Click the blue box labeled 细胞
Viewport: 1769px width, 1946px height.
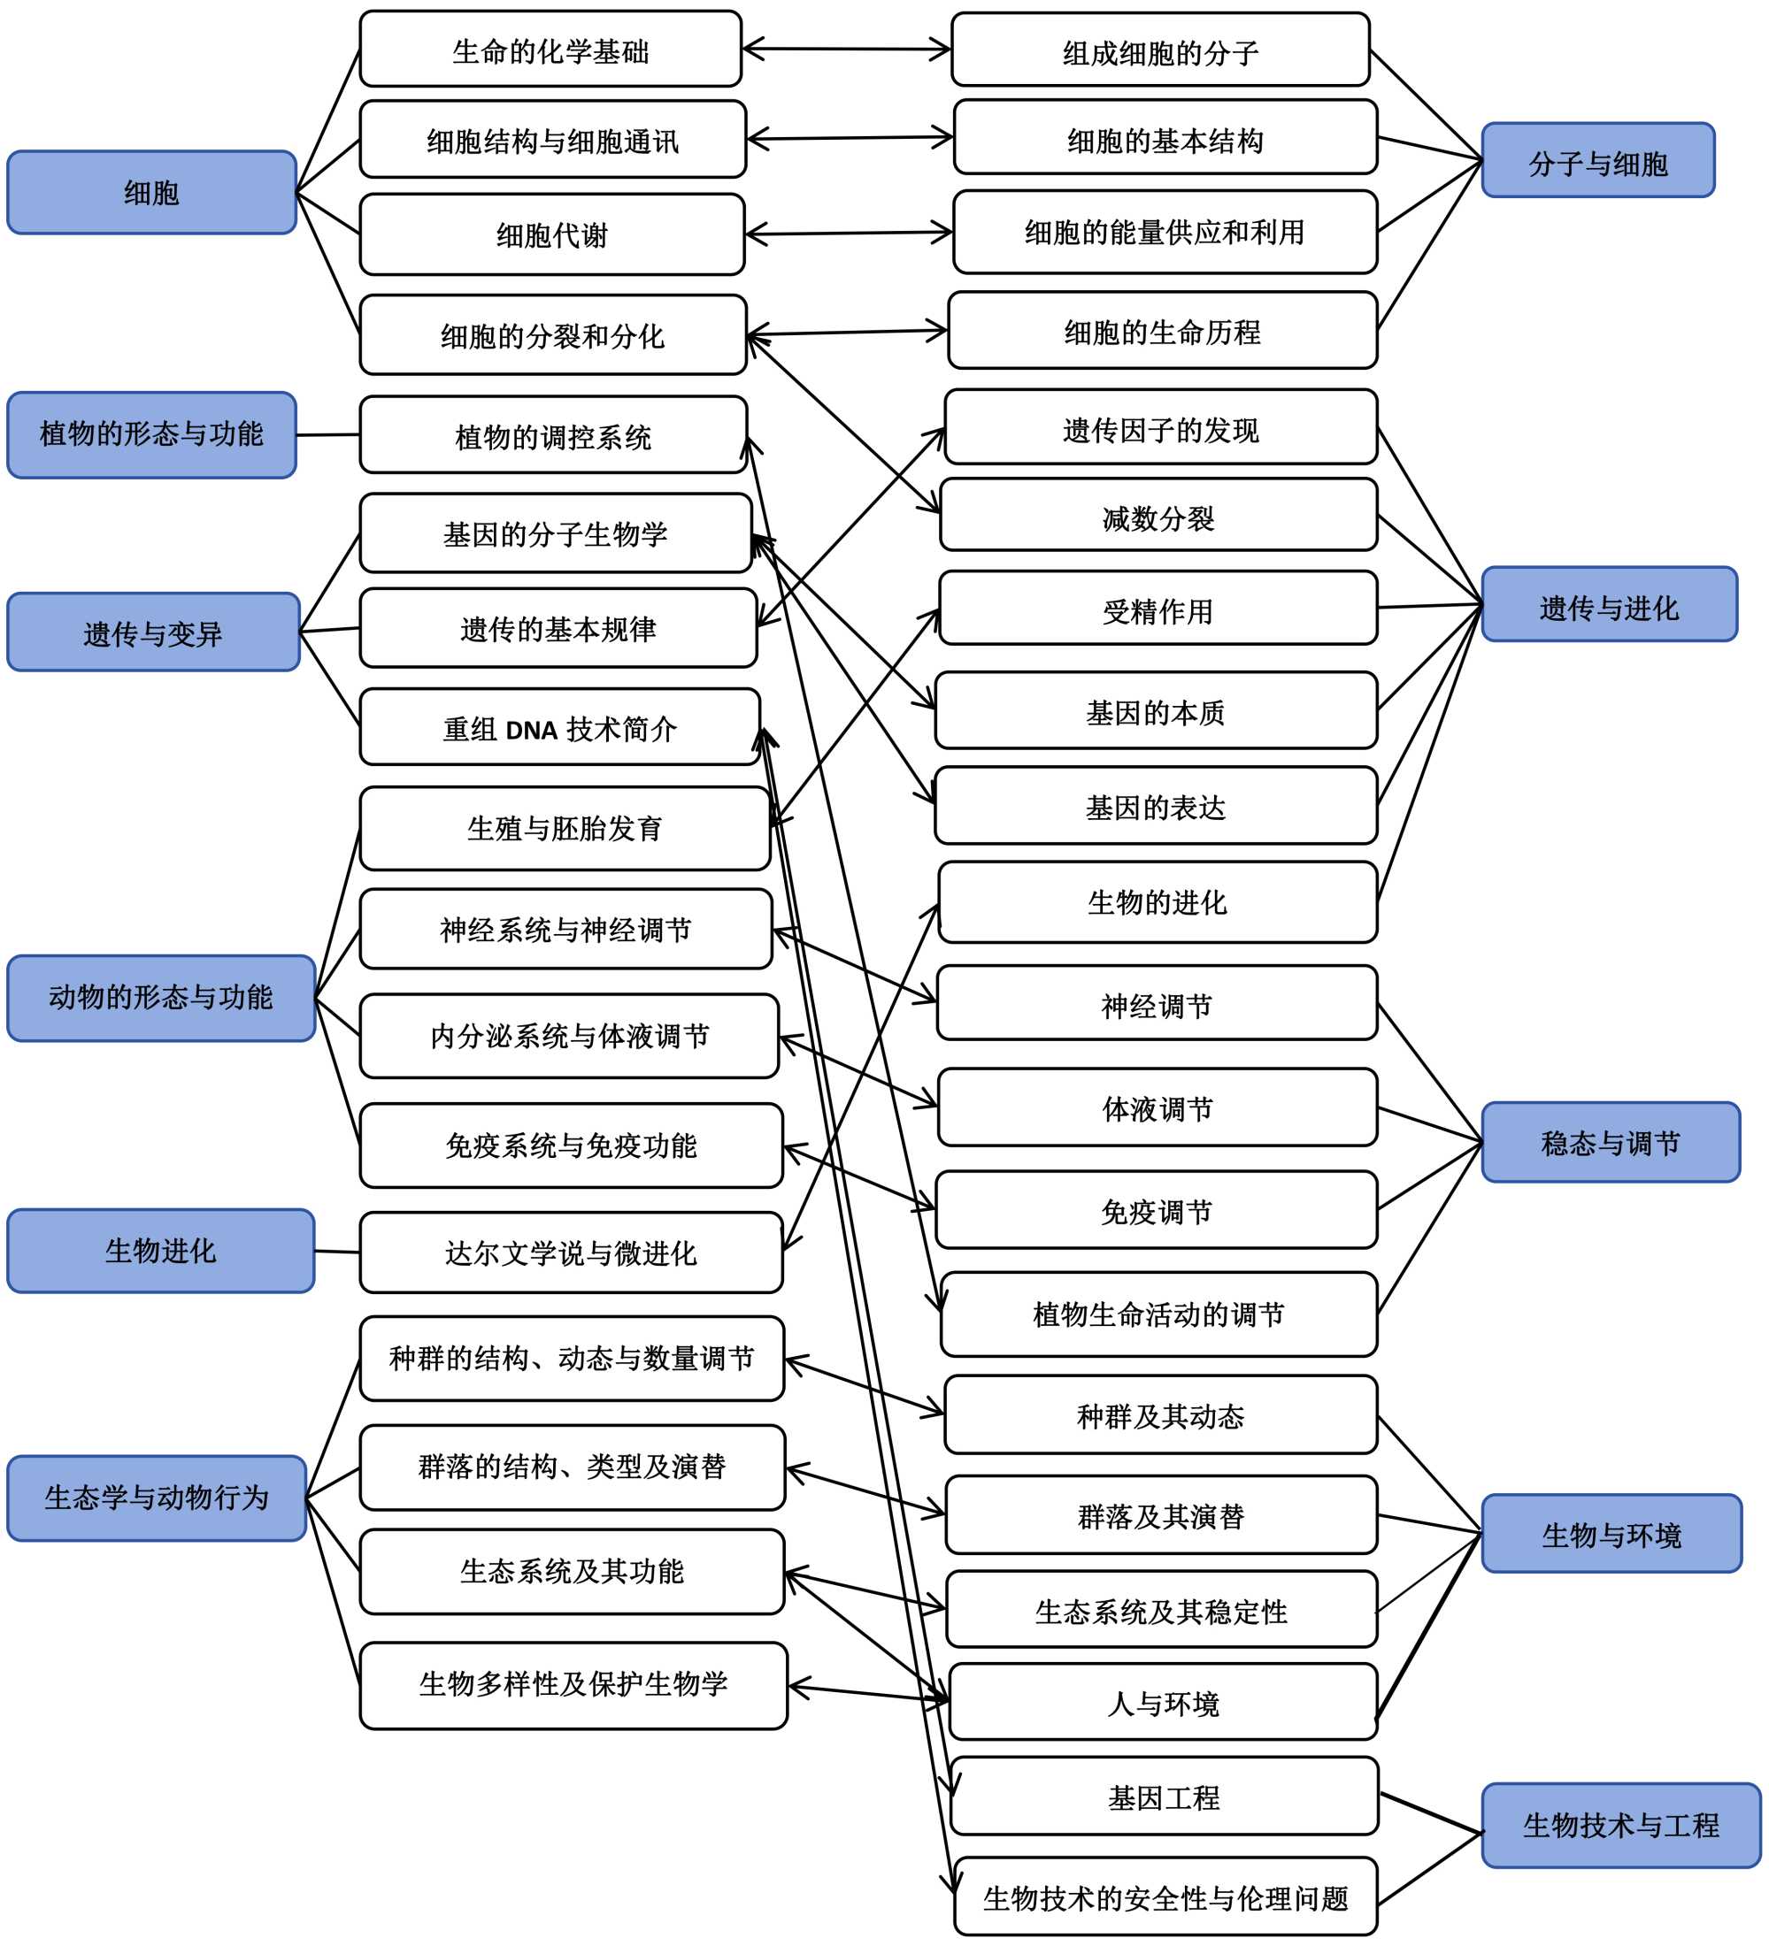click(x=150, y=192)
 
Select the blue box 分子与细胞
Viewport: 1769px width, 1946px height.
click(x=1597, y=160)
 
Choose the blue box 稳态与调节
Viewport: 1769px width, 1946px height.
click(x=1610, y=1142)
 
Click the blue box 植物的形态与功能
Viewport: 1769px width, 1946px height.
click(x=150, y=434)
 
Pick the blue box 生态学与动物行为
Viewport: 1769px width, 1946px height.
click(x=156, y=1498)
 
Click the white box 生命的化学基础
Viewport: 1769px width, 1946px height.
click(x=550, y=50)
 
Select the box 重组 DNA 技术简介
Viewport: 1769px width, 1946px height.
click(x=559, y=727)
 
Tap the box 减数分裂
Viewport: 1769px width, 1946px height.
click(x=1157, y=516)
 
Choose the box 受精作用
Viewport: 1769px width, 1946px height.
click(x=1157, y=609)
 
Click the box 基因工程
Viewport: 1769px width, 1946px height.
click(x=1163, y=1797)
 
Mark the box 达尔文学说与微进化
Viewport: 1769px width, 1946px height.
click(x=570, y=1252)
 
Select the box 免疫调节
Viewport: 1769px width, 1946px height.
click(x=1156, y=1210)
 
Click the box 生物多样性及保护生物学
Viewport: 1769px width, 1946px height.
click(x=573, y=1685)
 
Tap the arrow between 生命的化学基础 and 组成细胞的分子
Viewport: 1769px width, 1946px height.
click(x=846, y=50)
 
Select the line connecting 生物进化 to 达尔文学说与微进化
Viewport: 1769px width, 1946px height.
click(x=337, y=1252)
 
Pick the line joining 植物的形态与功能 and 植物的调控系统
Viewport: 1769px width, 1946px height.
click(x=327, y=435)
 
